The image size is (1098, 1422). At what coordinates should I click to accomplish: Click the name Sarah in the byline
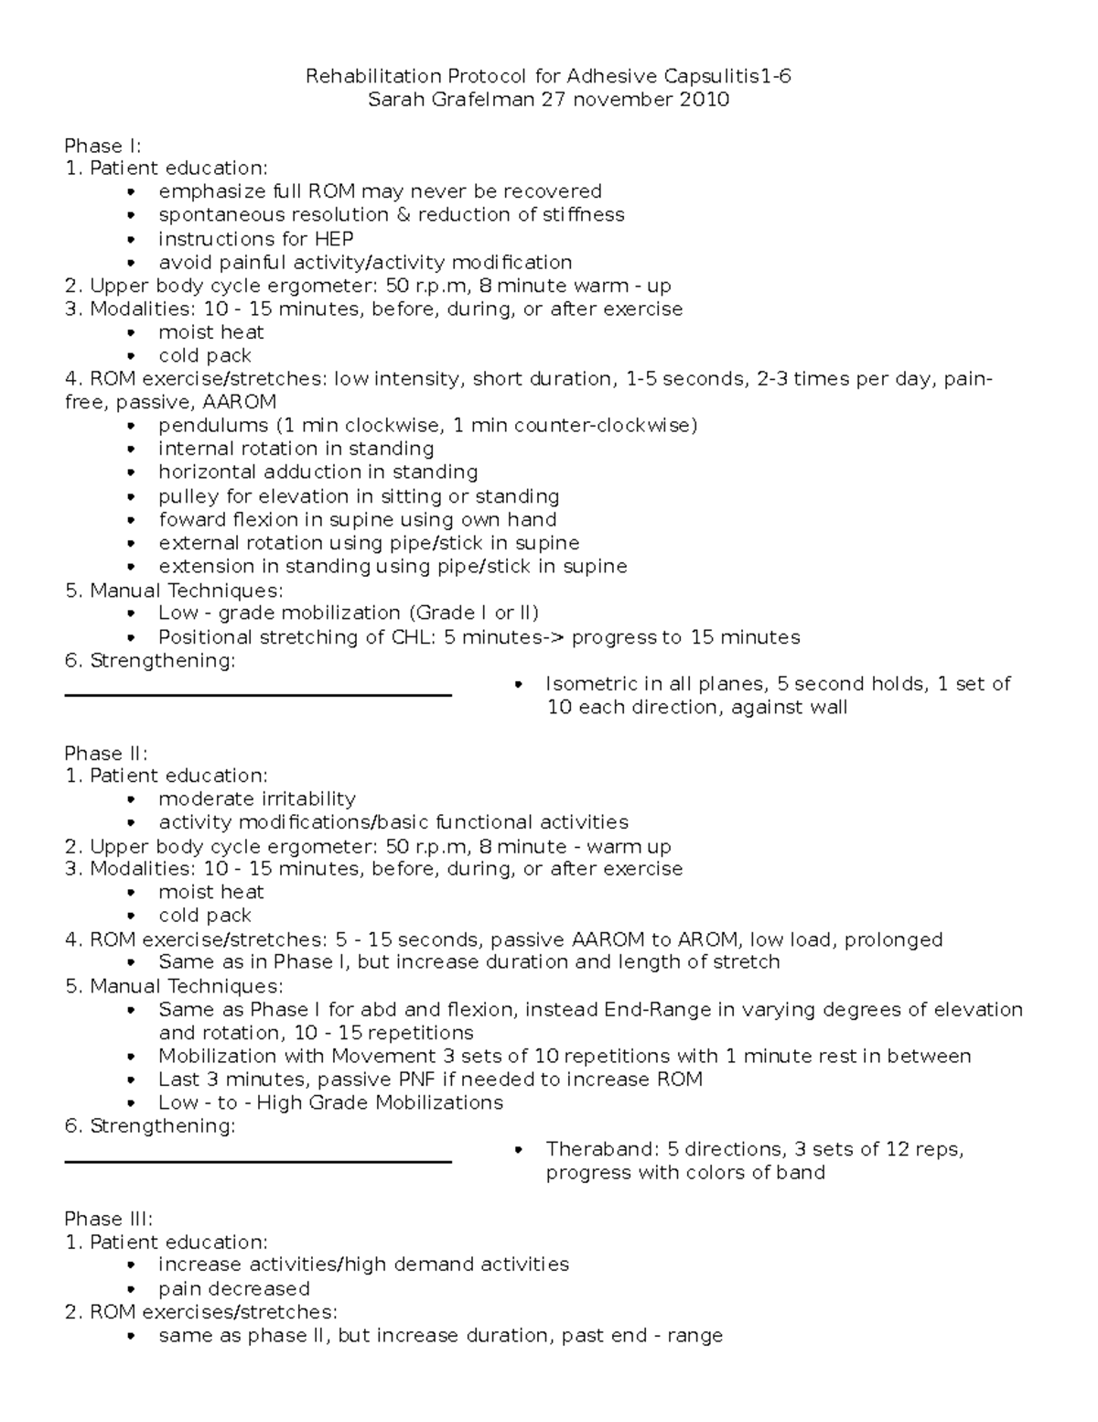[396, 99]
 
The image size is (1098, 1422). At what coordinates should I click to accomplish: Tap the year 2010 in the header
[704, 99]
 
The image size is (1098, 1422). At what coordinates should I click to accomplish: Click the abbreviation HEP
[334, 239]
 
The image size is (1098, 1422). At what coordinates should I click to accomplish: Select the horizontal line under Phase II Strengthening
[258, 1162]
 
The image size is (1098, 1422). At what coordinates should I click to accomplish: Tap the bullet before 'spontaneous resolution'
[133, 216]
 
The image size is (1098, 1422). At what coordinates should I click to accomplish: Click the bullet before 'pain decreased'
[133, 1289]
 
